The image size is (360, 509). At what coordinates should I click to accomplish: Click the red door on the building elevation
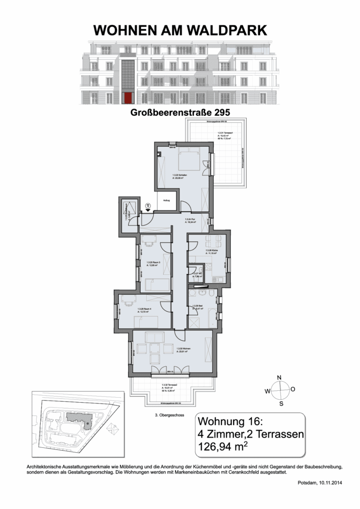pyautogui.click(x=128, y=98)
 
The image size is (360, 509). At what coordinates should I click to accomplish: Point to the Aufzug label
pyautogui.click(x=166, y=200)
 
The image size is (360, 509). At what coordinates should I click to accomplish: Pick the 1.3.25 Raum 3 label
pyautogui.click(x=153, y=263)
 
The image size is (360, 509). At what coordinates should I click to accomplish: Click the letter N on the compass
pyautogui.click(x=279, y=377)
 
